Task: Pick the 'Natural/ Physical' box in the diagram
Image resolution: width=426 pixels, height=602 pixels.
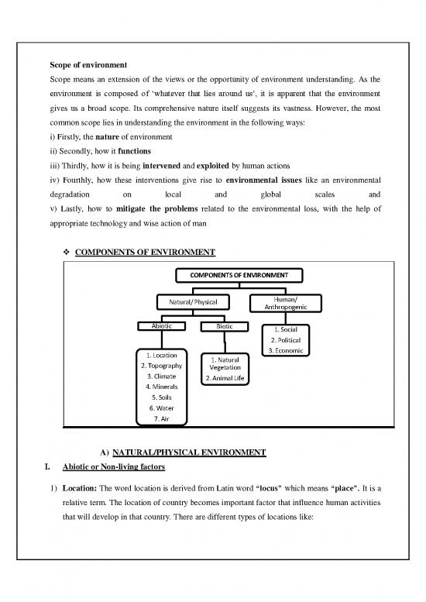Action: coord(187,301)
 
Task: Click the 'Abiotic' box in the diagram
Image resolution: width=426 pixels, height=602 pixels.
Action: coord(161,326)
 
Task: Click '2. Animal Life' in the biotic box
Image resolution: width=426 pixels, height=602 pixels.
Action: coord(224,379)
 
